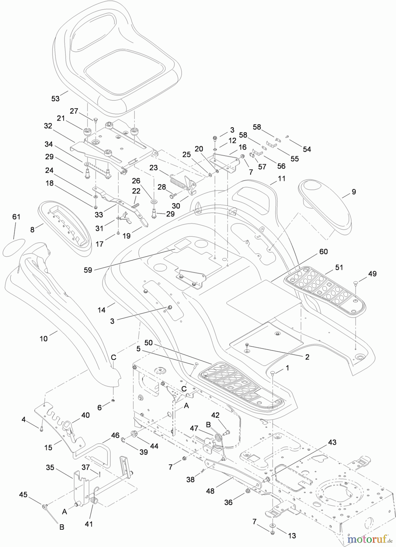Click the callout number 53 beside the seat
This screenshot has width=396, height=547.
click(x=56, y=98)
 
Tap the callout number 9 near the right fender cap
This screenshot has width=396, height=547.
click(x=353, y=192)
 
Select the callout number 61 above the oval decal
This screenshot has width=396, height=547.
click(x=16, y=217)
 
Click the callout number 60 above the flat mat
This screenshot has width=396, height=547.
click(x=324, y=252)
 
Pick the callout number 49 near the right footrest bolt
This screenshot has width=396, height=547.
click(x=372, y=274)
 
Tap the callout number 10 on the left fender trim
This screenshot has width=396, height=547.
click(x=44, y=338)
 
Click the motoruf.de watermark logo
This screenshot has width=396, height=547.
click(x=370, y=539)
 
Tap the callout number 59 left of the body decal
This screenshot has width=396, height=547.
click(x=88, y=270)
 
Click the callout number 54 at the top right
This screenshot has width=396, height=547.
click(x=307, y=149)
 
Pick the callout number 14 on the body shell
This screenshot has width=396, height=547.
click(x=102, y=310)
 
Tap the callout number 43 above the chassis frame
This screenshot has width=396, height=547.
click(x=332, y=442)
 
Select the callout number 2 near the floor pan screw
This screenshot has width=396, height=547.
click(x=307, y=357)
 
